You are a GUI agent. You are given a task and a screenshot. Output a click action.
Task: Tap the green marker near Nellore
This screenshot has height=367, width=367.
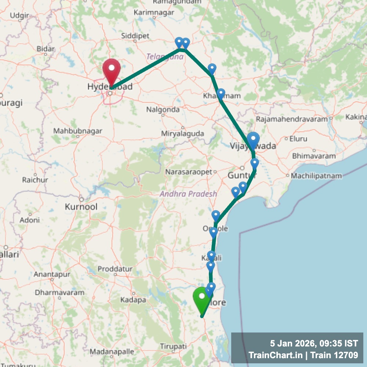coord(201,298)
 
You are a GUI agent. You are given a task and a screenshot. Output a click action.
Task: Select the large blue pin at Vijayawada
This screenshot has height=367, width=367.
coord(253,140)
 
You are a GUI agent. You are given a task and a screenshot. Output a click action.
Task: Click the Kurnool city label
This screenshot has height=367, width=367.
coord(81,207)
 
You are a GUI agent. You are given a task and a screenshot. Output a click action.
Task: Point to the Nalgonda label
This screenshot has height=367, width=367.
coord(163,109)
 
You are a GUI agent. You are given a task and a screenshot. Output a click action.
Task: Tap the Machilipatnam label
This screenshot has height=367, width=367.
coord(316,176)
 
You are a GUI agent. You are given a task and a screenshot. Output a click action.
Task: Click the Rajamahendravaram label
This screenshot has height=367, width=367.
coord(292,119)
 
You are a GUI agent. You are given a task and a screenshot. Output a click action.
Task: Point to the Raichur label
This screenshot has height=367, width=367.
coord(35,180)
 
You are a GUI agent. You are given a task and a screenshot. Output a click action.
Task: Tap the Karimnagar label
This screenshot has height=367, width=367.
coord(149,12)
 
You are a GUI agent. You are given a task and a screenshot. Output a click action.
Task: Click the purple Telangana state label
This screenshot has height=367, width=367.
coord(165,57)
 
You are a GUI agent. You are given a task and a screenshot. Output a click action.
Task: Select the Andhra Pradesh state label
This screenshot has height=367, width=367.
coord(188,194)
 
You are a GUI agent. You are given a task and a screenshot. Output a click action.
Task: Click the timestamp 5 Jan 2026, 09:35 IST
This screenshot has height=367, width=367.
coord(313,344)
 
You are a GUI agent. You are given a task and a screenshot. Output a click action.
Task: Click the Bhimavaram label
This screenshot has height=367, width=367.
coord(314,156)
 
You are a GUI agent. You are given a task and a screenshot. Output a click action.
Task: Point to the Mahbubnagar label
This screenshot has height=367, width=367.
coord(78,131)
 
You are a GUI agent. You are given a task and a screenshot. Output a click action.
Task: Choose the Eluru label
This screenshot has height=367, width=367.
coord(298,139)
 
